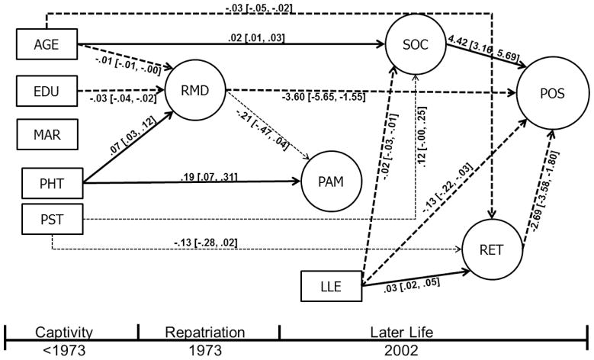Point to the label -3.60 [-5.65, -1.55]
tap(324, 98)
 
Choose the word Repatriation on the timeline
tap(208, 333)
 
